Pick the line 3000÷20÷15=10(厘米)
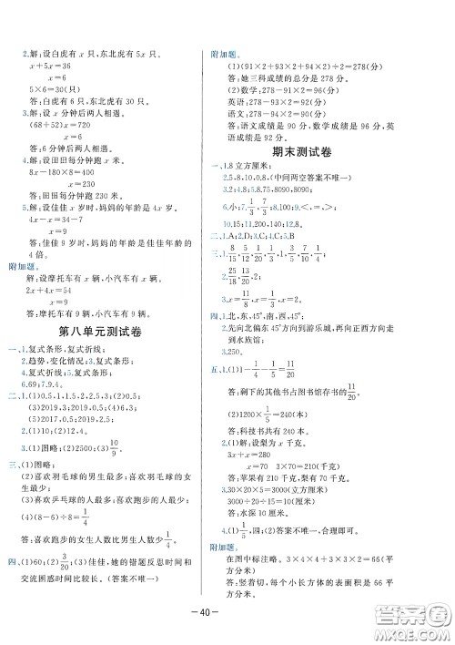pyautogui.click(x=279, y=501)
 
